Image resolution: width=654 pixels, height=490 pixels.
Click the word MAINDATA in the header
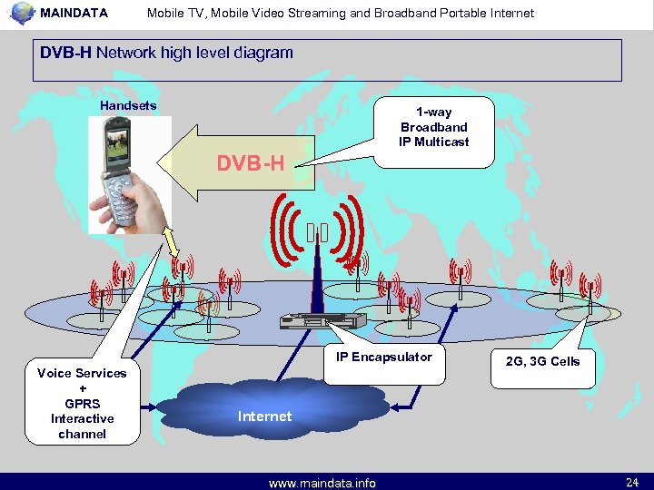pos(74,14)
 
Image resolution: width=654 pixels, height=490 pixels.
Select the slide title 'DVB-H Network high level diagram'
pos(166,53)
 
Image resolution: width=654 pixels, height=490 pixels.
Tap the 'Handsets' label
pos(128,106)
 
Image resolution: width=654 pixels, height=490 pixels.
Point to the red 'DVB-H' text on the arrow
pos(250,164)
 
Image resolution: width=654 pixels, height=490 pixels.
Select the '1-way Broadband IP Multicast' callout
pos(434,128)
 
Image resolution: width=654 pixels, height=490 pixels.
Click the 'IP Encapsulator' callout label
pos(384,358)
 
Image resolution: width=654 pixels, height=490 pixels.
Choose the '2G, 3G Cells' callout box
pos(542,361)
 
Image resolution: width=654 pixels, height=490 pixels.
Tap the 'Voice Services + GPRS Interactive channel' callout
pos(82,404)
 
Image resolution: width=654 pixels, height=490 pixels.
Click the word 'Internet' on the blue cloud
pos(264,416)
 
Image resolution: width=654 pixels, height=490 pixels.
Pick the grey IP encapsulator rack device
pos(322,319)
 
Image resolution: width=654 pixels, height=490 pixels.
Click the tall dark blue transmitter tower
pos(317,272)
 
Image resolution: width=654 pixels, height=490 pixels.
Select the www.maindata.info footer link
pos(322,483)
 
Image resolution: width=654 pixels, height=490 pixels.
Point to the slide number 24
pos(632,481)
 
